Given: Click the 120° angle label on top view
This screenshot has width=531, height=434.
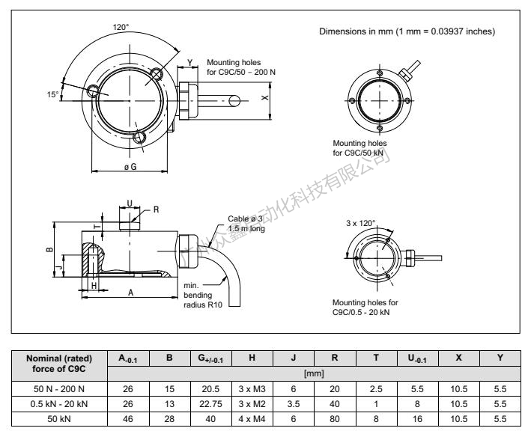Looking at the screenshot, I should click(121, 26).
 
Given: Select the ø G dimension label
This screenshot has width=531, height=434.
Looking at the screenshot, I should click(130, 166).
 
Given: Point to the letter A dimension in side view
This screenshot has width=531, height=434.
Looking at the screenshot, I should click(131, 293).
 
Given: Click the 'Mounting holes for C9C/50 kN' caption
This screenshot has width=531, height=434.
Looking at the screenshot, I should click(364, 147).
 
